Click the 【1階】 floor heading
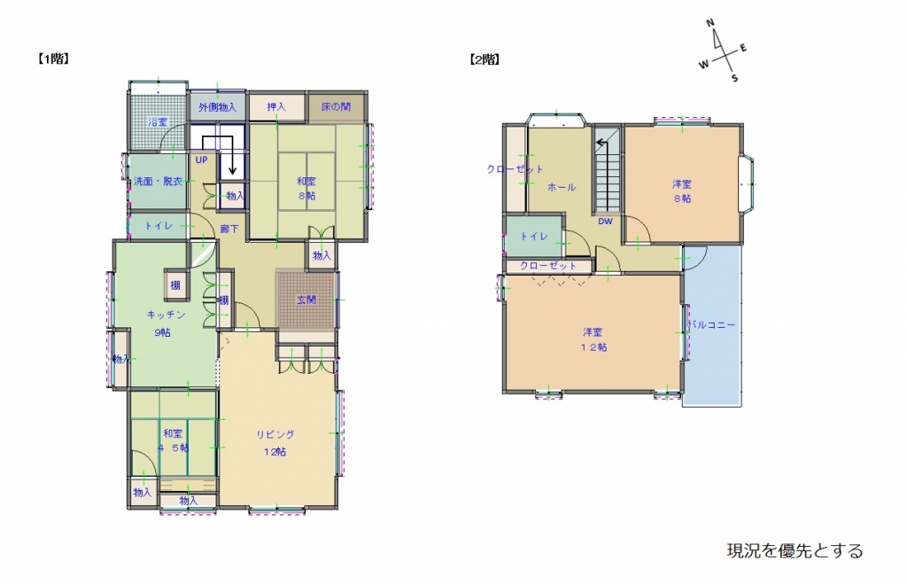(53, 60)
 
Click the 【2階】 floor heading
(484, 60)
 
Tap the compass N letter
(710, 24)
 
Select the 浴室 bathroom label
(159, 121)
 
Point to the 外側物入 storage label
(217, 107)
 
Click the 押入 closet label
(276, 107)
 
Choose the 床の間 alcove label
(336, 107)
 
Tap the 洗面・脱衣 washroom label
(159, 182)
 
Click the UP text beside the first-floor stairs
(201, 160)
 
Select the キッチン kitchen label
(166, 315)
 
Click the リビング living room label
(275, 434)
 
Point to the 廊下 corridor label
(229, 229)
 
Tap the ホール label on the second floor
(562, 187)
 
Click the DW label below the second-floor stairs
(606, 222)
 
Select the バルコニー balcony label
(711, 325)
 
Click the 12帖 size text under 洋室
(593, 347)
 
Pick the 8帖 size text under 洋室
(681, 199)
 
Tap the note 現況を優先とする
(795, 551)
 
